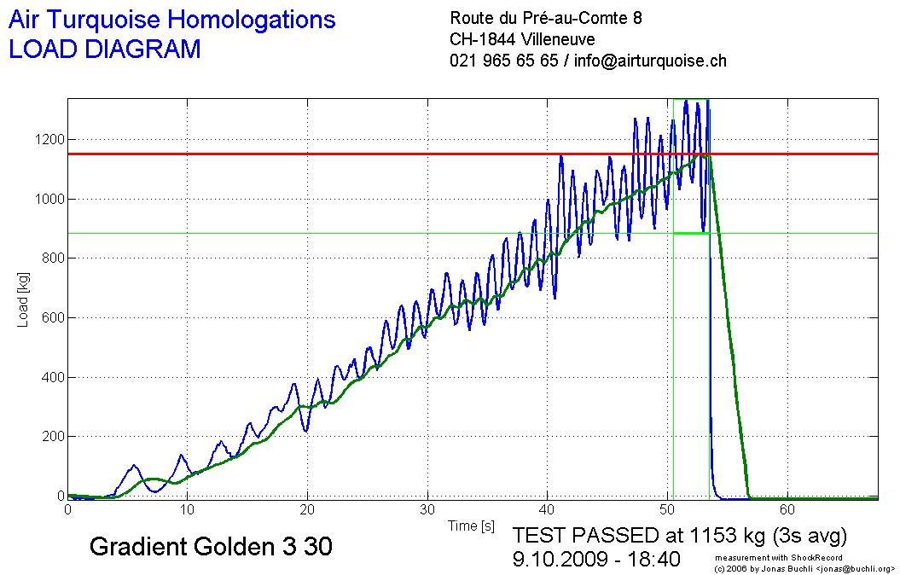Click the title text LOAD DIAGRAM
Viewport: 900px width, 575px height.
(x=104, y=49)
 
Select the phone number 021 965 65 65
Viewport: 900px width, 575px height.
(x=503, y=61)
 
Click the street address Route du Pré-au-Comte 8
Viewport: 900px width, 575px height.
(x=546, y=18)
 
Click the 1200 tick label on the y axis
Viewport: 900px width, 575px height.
(x=47, y=140)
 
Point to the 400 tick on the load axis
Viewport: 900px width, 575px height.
(x=50, y=377)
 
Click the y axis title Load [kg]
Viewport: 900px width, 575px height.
(x=23, y=298)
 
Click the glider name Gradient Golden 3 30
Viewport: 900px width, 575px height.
(x=211, y=547)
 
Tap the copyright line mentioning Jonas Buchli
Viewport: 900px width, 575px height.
(x=804, y=567)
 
